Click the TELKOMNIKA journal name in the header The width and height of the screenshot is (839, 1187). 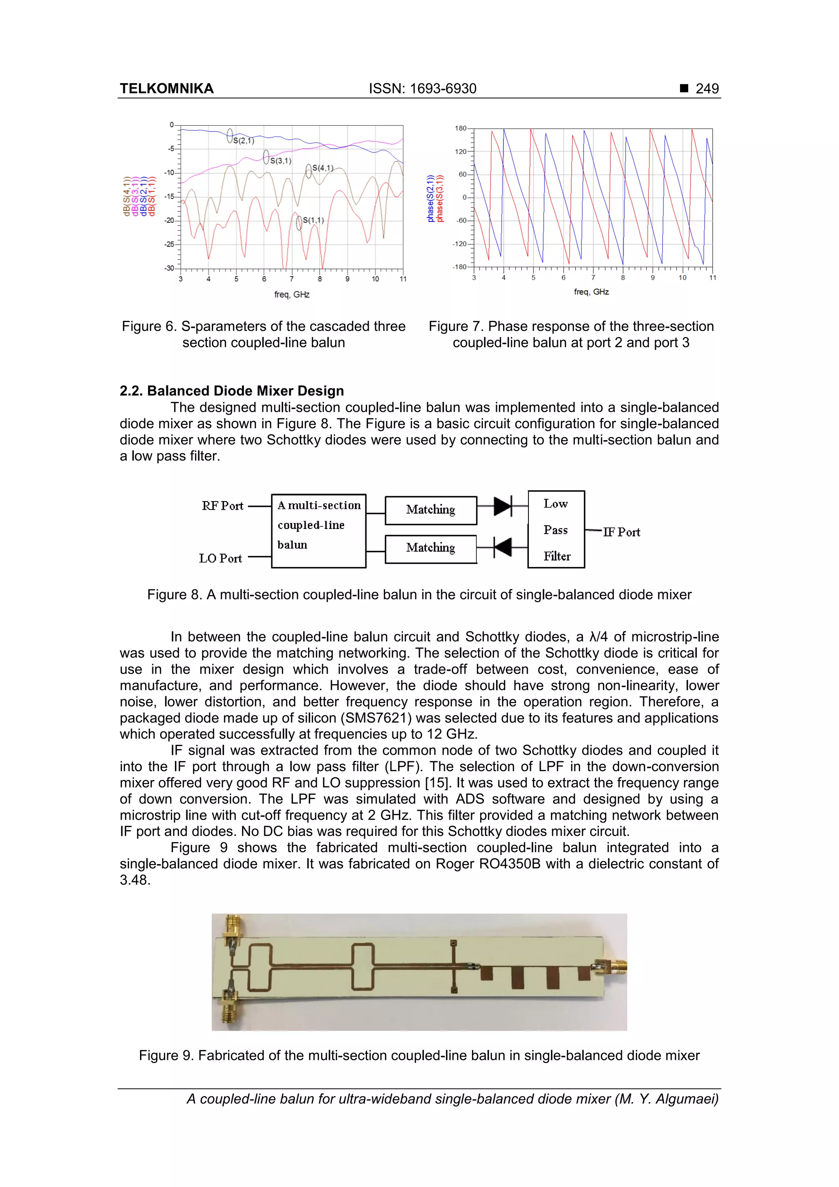point(166,89)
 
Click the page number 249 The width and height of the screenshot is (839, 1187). point(707,89)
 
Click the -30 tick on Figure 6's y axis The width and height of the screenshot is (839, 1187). point(169,268)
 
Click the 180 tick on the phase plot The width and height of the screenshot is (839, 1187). point(460,128)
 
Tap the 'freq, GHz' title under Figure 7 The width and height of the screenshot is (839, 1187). point(591,292)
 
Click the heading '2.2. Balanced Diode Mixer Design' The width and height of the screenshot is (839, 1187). point(231,391)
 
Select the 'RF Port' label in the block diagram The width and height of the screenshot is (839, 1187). point(222,506)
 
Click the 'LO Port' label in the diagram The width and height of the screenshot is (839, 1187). point(220,558)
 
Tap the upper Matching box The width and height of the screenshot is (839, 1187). point(431,510)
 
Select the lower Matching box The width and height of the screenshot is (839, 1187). point(431,549)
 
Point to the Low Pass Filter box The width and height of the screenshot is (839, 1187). point(556,529)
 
